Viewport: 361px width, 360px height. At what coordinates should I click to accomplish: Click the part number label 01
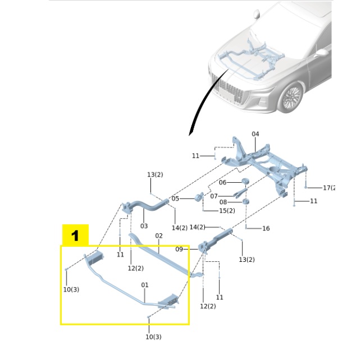coord(144,285)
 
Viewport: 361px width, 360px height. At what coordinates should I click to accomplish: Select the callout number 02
coord(159,236)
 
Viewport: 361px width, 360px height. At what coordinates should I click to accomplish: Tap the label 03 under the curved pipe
coord(144,226)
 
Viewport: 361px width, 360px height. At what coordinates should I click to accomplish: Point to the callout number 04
coord(255,134)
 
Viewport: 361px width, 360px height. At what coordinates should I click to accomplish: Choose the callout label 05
coord(175,199)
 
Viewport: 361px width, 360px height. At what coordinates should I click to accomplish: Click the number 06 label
coord(222,182)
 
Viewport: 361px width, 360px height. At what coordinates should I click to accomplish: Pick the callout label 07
coord(214,196)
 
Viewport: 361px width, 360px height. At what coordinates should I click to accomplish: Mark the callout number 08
coord(223,202)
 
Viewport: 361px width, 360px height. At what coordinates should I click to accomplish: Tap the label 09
coord(179,249)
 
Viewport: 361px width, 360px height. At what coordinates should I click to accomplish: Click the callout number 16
coord(266,228)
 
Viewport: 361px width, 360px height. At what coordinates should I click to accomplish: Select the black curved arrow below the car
coord(196,115)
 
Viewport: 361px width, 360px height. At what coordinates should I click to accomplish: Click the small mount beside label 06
coord(245,181)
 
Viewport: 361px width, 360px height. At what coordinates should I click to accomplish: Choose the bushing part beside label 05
coord(199,198)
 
